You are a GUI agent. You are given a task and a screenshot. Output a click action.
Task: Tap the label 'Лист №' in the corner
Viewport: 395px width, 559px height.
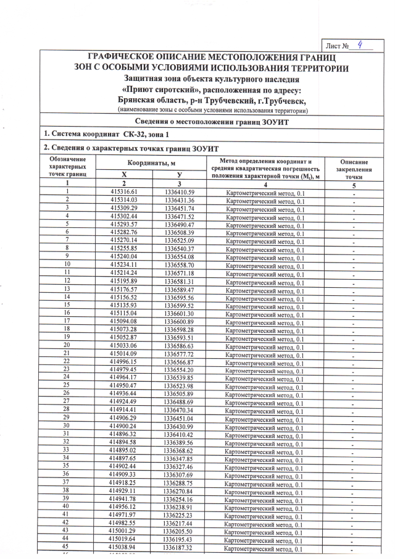[x=338, y=46]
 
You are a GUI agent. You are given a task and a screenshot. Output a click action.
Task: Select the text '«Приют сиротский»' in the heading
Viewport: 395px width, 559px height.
[x=152, y=90]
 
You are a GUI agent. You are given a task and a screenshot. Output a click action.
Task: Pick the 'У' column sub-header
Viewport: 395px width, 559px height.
[x=179, y=175]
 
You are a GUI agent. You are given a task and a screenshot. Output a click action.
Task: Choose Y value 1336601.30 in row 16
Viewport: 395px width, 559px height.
[x=179, y=313]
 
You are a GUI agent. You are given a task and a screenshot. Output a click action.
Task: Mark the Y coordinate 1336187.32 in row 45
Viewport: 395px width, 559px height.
[x=179, y=548]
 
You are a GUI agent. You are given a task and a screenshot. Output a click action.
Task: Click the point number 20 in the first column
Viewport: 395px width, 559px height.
[x=66, y=345]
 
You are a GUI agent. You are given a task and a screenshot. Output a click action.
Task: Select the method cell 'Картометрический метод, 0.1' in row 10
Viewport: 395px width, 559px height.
[x=265, y=265]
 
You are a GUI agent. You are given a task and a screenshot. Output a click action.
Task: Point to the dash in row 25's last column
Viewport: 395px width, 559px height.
[x=354, y=386]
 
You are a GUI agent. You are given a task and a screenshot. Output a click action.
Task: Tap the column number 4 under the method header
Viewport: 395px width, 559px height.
[x=265, y=184]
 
